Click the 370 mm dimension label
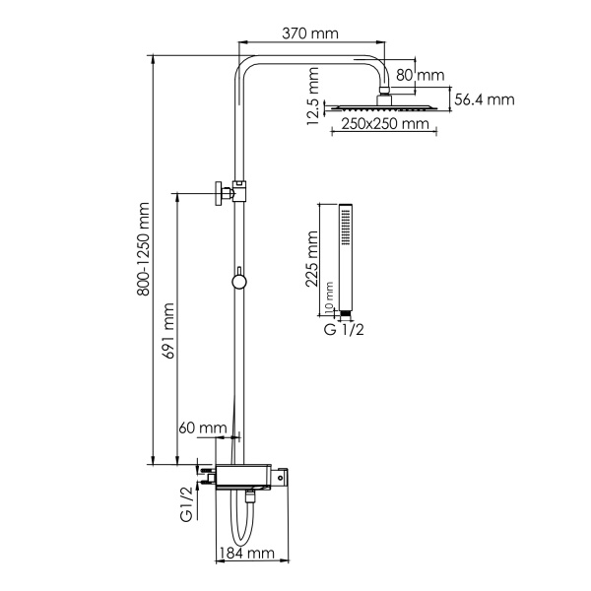309,33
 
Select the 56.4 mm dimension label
485,99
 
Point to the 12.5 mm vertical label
313,97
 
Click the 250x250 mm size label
386,123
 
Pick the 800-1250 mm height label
144,249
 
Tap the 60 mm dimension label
201,427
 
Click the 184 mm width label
246,554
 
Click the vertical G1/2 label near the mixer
184,503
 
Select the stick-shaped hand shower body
344,256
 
